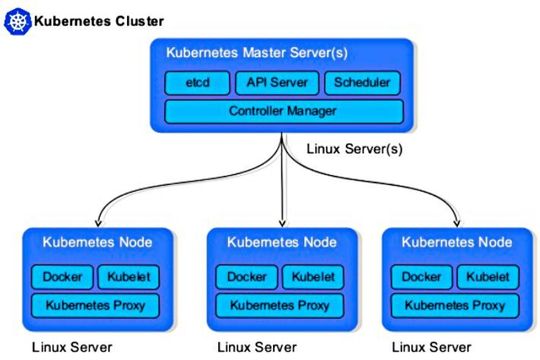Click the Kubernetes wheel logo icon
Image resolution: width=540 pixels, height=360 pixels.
17,20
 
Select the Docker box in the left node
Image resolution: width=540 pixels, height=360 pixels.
61,276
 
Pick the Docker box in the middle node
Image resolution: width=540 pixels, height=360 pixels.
246,276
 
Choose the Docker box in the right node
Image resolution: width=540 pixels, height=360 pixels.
426,276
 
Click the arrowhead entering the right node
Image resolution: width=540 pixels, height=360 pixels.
458,222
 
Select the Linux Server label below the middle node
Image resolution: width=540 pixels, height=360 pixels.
258,348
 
